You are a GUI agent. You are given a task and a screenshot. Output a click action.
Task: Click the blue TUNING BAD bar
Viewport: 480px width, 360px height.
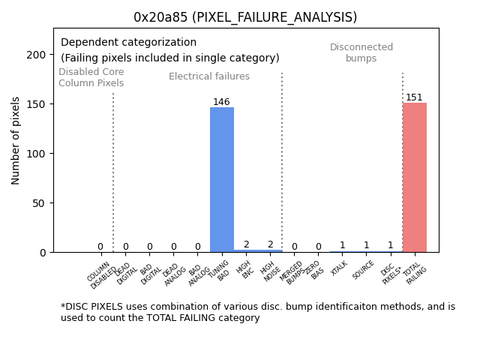[x=221, y=180]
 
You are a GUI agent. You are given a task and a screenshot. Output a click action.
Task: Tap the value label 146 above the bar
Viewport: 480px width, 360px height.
[x=221, y=102]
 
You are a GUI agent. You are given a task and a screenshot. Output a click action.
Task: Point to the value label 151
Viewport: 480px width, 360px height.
[x=414, y=97]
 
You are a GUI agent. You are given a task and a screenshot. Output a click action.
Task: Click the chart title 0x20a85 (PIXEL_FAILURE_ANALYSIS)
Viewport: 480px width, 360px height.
[x=245, y=17]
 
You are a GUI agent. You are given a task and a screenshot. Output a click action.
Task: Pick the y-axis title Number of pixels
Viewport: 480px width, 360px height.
[x=16, y=140]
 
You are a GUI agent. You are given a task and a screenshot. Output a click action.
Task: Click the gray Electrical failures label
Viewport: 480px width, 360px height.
[x=209, y=76]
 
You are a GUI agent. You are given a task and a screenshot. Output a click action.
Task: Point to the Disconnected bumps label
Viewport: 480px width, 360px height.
[x=361, y=52]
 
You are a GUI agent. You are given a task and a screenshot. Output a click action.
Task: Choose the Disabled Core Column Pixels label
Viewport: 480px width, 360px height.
[x=91, y=77]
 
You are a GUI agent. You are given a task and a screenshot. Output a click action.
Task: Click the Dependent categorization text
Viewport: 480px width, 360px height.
[x=128, y=43]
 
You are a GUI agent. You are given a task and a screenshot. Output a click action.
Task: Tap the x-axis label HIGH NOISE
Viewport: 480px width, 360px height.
[x=271, y=271]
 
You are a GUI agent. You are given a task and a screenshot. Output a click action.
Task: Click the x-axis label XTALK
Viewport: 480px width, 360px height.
[x=339, y=268]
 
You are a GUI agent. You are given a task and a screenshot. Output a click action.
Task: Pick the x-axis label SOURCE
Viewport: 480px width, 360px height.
[x=363, y=269]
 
